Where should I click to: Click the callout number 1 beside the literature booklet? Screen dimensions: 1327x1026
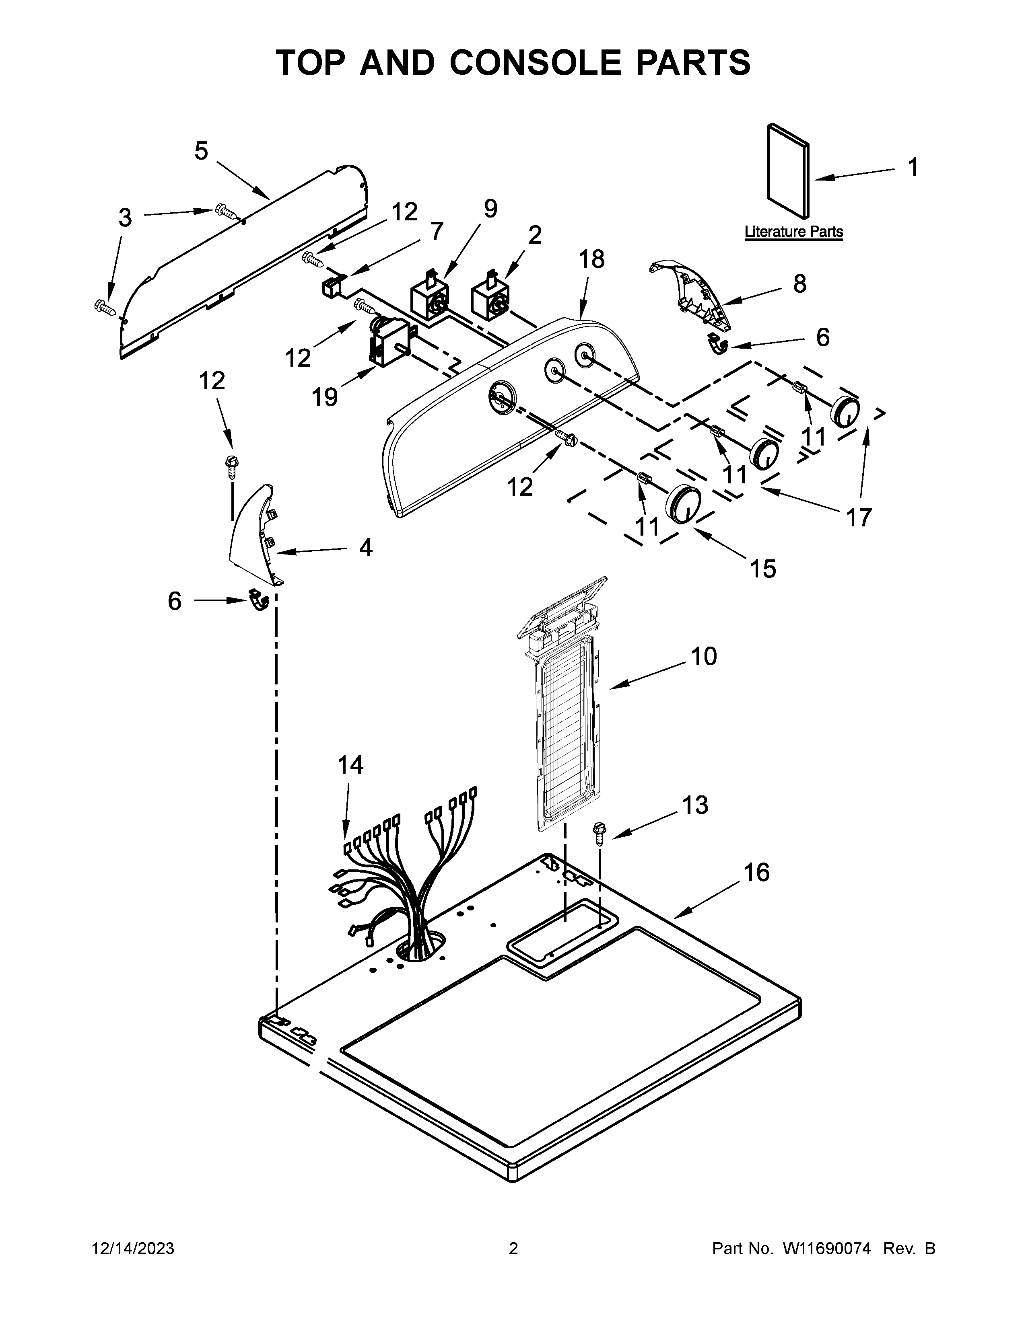pos(913,167)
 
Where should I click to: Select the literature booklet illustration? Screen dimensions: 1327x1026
pos(788,171)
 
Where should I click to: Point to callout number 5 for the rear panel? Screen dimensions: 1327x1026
pos(201,151)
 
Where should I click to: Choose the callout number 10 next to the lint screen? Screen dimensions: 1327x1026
pos(704,656)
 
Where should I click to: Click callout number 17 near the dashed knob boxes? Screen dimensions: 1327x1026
pos(859,518)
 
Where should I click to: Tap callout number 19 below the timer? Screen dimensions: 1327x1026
pos(325,397)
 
